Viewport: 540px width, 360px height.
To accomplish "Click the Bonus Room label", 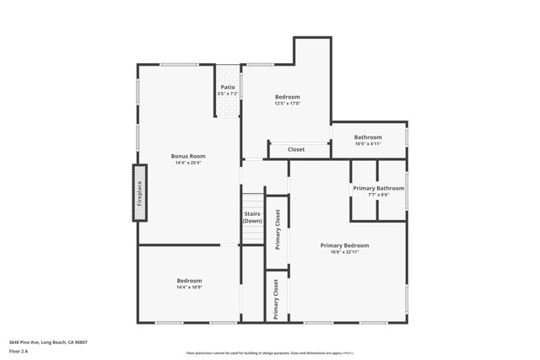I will pos(188,156).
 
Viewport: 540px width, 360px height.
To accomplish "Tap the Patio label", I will pos(228,87).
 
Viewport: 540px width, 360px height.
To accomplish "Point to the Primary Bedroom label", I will pos(344,245).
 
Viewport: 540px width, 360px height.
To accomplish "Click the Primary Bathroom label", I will pos(378,188).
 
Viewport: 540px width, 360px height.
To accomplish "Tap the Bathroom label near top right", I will pos(368,137).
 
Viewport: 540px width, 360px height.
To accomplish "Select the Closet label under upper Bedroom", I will pos(296,149).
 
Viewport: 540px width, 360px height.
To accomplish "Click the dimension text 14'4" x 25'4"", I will pos(188,163).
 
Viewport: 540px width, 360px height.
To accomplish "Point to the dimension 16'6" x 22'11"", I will pos(344,252).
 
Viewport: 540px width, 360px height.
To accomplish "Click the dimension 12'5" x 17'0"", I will pos(287,104).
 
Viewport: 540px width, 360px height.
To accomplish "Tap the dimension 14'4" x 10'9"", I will pos(189,287).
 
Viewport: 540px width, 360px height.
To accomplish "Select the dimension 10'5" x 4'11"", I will pos(368,144).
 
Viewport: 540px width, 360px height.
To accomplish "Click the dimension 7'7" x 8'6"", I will pos(378,195).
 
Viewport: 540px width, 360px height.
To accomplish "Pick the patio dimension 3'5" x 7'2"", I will pos(228,93).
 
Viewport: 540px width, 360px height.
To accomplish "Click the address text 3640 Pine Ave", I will pos(48,342).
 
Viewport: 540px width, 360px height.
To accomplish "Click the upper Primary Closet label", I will pos(277,229).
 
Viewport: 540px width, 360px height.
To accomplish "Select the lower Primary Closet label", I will pos(276,298).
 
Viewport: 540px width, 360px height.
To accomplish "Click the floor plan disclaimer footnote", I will pos(269,354).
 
